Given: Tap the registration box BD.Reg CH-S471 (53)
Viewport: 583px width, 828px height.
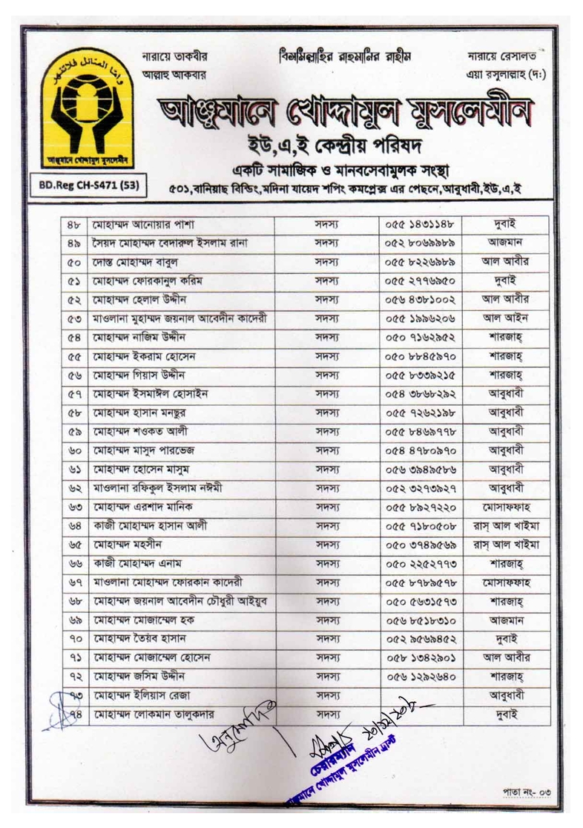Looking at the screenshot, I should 88,183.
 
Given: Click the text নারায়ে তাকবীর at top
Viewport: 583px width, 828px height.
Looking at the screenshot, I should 175,57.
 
